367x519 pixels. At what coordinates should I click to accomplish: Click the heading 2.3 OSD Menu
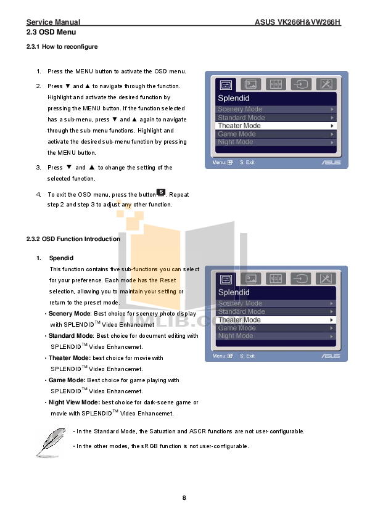pyautogui.click(x=51, y=31)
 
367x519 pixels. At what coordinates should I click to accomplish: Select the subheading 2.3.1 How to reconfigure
pyautogui.click(x=62, y=46)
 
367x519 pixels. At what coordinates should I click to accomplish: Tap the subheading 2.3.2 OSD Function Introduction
pyautogui.click(x=73, y=239)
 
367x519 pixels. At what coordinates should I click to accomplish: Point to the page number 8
pyautogui.click(x=184, y=497)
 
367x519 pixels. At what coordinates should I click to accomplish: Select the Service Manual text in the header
pyautogui.click(x=53, y=22)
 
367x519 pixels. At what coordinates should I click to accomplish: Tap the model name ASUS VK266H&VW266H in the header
pyautogui.click(x=297, y=22)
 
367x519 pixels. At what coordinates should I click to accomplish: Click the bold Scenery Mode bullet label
pyautogui.click(x=69, y=314)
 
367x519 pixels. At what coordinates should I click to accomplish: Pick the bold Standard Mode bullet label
pyautogui.click(x=71, y=336)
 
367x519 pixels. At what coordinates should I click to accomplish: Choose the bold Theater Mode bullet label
pyautogui.click(x=69, y=358)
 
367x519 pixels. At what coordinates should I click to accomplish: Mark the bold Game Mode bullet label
pyautogui.click(x=67, y=380)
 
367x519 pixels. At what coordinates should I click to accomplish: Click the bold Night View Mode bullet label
pyautogui.click(x=73, y=403)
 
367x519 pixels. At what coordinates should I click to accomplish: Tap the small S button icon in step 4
pyautogui.click(x=160, y=192)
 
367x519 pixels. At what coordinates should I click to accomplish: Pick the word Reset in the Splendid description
pyautogui.click(x=168, y=280)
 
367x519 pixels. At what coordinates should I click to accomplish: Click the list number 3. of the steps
pyautogui.click(x=38, y=168)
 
